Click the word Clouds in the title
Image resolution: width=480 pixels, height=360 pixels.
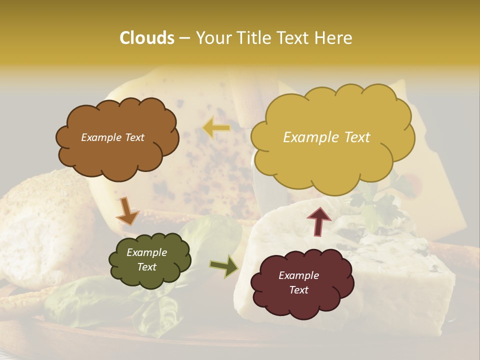[x=146, y=38]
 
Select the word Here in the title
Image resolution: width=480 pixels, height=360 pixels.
[x=334, y=38]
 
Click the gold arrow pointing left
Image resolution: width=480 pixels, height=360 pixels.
[x=216, y=127]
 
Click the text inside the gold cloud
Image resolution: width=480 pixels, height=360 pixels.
[x=326, y=137]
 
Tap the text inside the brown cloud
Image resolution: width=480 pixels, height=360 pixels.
[x=112, y=137]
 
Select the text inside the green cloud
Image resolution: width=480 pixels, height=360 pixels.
[x=146, y=260]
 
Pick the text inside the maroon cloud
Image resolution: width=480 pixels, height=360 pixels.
[x=298, y=283]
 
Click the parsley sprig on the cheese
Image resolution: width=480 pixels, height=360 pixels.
[x=380, y=200]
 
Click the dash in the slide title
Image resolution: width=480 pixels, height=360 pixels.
[x=184, y=38]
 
